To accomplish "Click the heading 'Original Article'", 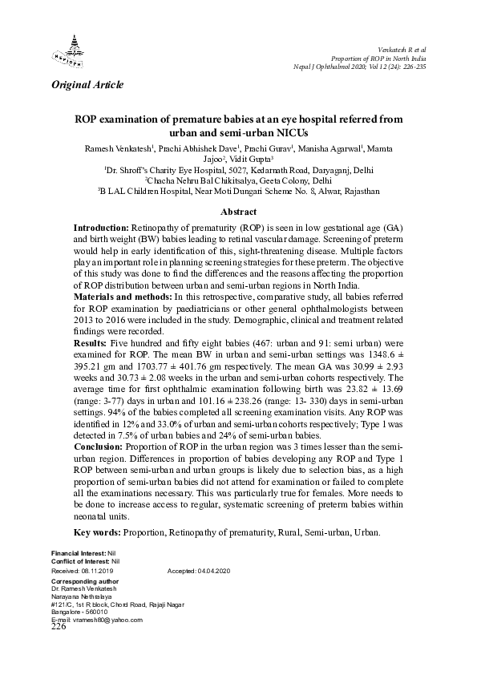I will (x=87, y=84).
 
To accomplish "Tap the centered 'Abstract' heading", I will (x=238, y=212).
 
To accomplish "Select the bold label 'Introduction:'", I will (x=100, y=228).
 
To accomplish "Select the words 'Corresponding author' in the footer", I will (x=80, y=580).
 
